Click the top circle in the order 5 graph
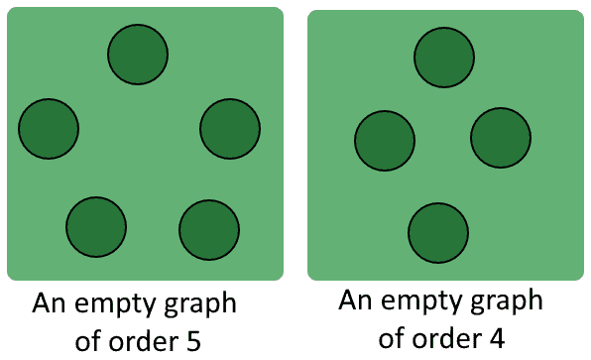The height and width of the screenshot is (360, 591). [x=137, y=54]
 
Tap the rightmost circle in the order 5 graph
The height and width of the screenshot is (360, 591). [x=230, y=128]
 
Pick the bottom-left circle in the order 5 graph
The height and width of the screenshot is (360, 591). [x=96, y=227]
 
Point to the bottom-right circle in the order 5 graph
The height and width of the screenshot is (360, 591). [x=209, y=229]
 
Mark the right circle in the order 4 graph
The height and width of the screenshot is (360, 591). [x=501, y=138]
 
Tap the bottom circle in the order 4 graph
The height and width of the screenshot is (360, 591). [x=438, y=232]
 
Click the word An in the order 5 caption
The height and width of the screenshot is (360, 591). [x=50, y=303]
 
